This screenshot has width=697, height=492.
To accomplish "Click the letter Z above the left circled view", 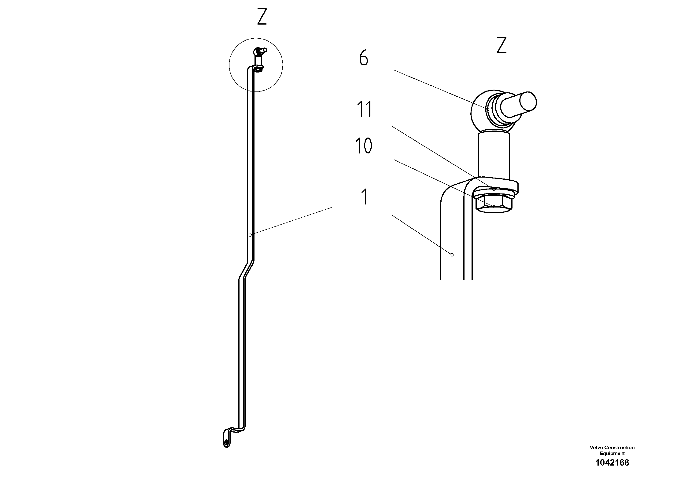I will click(262, 17).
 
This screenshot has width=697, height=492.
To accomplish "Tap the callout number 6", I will click(364, 58).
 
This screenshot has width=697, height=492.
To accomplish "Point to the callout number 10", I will click(364, 146).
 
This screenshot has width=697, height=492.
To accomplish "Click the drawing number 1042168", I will click(612, 463).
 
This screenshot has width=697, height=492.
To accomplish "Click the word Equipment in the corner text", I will click(612, 453).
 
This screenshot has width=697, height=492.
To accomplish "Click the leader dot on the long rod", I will click(250, 235).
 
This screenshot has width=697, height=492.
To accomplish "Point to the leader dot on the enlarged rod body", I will click(452, 255).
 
